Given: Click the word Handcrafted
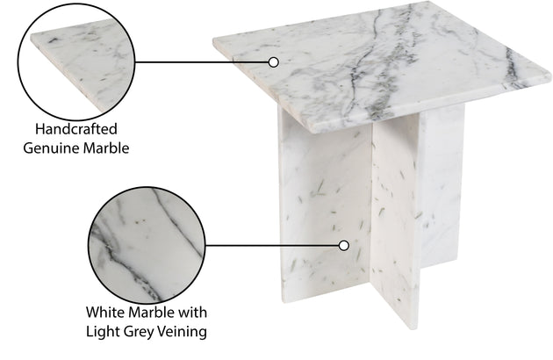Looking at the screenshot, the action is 76,129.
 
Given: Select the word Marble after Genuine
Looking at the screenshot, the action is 106,148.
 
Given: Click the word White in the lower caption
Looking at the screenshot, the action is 105,313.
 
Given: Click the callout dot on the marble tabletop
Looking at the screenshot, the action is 273,62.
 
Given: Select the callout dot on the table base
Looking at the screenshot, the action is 344,245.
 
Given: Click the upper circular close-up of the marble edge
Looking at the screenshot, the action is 76,61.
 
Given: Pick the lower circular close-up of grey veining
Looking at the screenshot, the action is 147,245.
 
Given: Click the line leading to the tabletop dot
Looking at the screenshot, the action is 202,62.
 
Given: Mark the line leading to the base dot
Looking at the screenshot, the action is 272,245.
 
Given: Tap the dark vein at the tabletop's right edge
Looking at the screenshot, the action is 510,67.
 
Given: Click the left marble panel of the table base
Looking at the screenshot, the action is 325,215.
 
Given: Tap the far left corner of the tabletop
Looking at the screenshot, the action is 213,41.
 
